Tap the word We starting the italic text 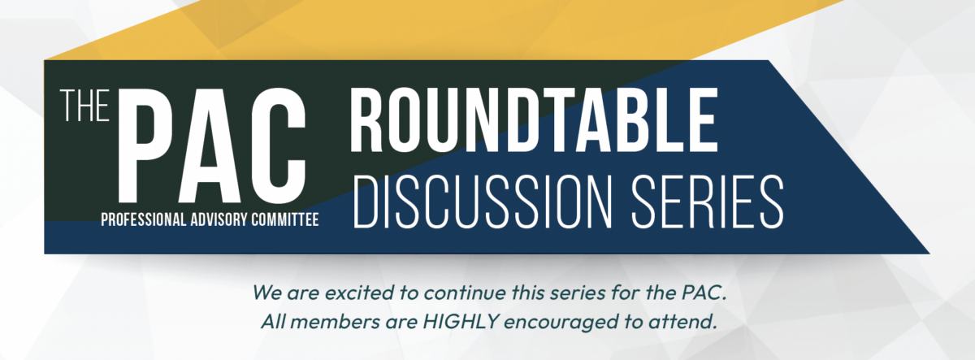pos(266,291)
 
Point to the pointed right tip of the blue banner pos(926,252)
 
